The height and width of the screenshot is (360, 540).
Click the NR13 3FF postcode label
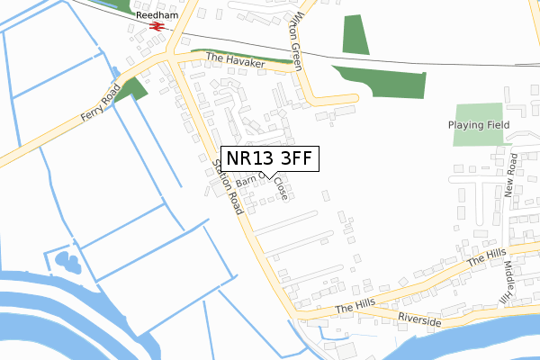pyautogui.click(x=269, y=158)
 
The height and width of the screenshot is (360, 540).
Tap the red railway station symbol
pyautogui.click(x=157, y=28)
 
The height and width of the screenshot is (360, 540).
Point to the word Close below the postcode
pyautogui.click(x=282, y=188)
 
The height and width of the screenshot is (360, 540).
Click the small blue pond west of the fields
pyautogui.click(x=68, y=263)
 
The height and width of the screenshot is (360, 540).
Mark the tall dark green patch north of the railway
pyautogui.click(x=355, y=33)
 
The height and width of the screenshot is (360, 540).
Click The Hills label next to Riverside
pyautogui.click(x=354, y=308)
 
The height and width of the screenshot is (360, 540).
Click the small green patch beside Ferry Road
pyautogui.click(x=135, y=87)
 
